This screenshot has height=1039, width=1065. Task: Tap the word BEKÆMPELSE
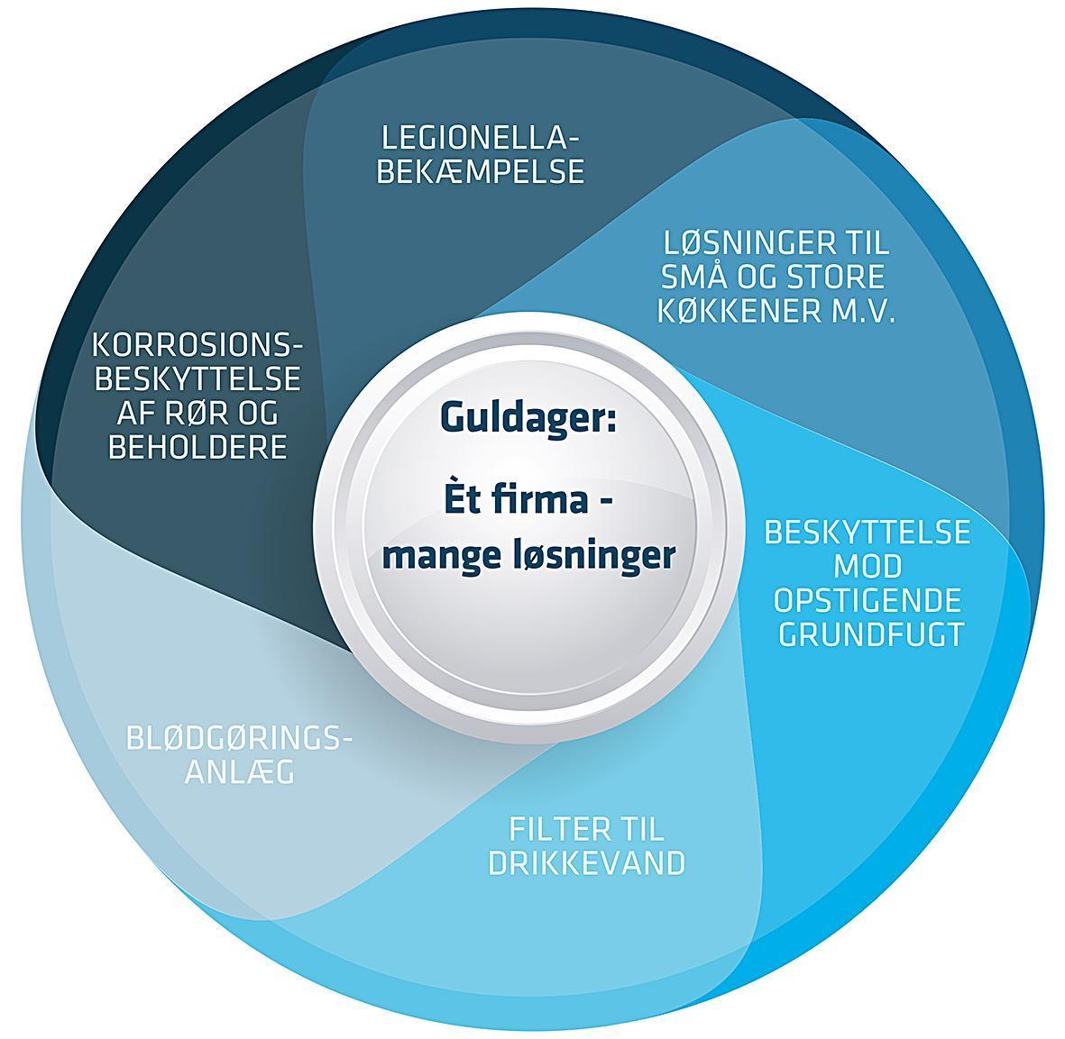pos(481,172)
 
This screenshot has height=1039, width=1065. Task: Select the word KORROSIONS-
pos(197,345)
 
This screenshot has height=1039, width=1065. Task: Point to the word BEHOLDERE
pos(197,447)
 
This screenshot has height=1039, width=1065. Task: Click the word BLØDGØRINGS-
pos(240,738)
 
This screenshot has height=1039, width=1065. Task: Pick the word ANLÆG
pos(240,772)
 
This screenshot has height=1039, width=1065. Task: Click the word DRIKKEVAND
pos(587,863)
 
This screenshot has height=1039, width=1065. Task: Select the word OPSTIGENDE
pos(868,600)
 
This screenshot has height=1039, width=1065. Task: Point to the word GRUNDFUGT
pos(871,634)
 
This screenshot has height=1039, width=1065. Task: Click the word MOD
pos(868,567)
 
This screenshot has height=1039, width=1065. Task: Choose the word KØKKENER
pos(739,312)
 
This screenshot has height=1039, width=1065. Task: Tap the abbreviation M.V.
pos(863,312)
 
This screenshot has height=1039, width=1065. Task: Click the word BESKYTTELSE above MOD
pos(868,532)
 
